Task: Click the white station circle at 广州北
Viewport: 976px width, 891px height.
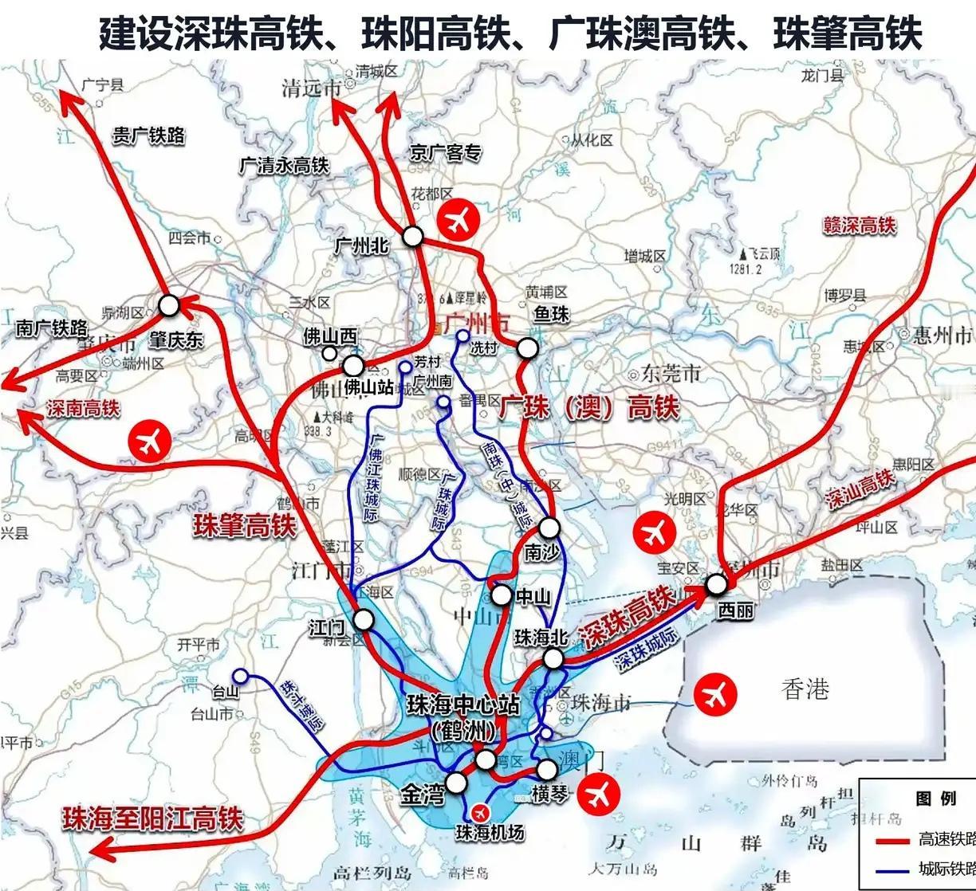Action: (412, 236)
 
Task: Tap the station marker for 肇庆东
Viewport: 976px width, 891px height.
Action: (169, 305)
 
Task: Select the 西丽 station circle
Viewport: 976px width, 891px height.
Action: (717, 584)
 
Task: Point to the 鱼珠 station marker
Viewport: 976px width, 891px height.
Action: (528, 348)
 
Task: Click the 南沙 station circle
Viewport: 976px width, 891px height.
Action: (549, 527)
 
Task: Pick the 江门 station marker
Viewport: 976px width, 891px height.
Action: (364, 619)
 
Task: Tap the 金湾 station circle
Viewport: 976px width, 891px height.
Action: (456, 782)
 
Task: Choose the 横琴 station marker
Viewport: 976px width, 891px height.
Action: (547, 769)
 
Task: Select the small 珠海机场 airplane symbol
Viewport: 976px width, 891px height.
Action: (480, 812)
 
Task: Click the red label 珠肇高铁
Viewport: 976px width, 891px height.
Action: (244, 526)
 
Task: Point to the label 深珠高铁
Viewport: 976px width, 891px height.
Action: (625, 612)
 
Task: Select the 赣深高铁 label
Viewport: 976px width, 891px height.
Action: (860, 226)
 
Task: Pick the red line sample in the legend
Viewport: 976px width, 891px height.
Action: (892, 840)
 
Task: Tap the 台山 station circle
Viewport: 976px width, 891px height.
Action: (240, 676)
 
